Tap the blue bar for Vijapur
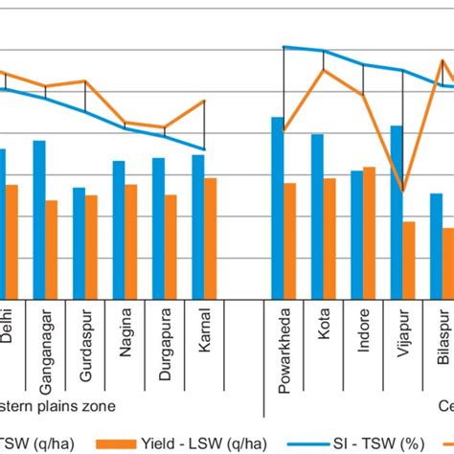(x=397, y=212)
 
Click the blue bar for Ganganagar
(x=39, y=219)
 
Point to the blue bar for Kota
(x=317, y=216)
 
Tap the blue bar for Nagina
(x=119, y=229)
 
